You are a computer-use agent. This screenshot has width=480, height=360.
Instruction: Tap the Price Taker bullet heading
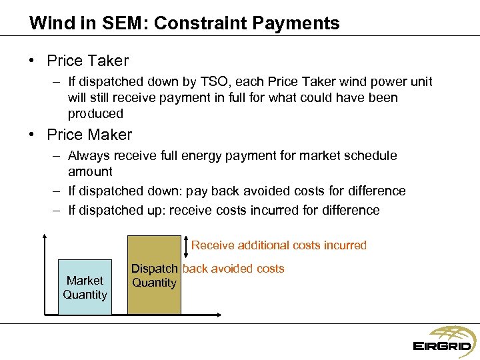pos(87,61)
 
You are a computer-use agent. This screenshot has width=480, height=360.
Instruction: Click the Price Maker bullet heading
pos(89,135)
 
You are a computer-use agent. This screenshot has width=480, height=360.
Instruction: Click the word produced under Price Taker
pos(95,113)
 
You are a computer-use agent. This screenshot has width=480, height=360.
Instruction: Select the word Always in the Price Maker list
pos(89,155)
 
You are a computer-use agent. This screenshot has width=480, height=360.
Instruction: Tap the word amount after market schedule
pos(90,171)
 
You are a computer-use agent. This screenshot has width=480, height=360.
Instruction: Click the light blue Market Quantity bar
pos(85,287)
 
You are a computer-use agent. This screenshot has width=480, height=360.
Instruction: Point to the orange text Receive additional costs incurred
pos(279,245)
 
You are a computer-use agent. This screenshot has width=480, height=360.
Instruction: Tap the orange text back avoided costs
pos(233,269)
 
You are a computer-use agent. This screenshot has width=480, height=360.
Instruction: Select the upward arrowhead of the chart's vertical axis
pos(44,237)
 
